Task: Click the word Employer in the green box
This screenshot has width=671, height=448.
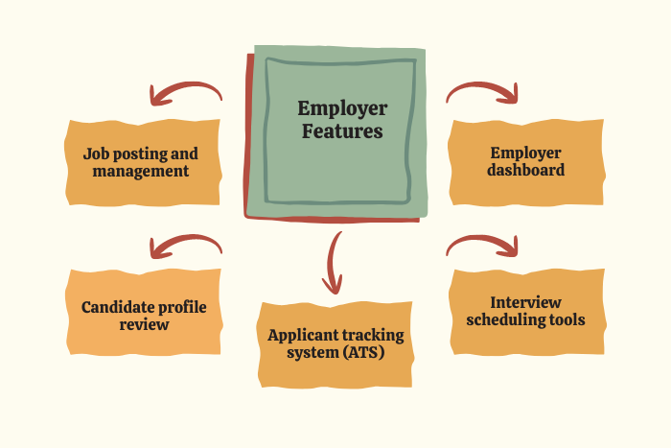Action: (x=342, y=109)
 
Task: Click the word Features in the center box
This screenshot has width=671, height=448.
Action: (x=342, y=131)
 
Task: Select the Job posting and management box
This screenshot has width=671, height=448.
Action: (x=141, y=162)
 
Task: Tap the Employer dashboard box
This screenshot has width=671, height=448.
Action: (x=525, y=162)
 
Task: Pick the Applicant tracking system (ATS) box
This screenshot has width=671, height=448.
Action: (x=335, y=344)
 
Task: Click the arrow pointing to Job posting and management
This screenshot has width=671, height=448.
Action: (x=185, y=93)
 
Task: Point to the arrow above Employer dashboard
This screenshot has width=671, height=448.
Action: (x=482, y=92)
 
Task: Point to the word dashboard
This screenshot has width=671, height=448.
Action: (x=525, y=171)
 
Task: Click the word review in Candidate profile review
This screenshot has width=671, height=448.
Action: (x=144, y=324)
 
